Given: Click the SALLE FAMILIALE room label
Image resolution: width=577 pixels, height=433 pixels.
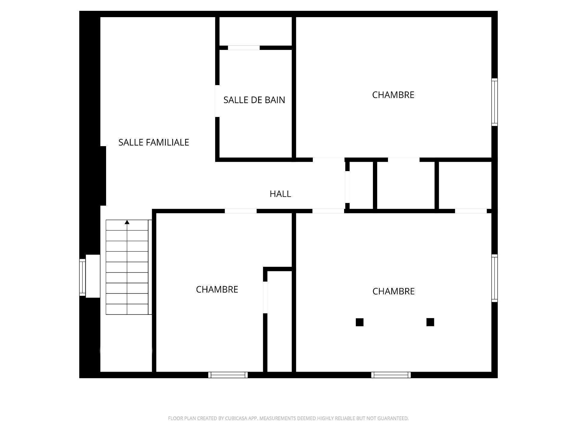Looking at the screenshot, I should pyautogui.click(x=154, y=143).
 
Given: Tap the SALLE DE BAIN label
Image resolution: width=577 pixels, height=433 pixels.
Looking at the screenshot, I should pyautogui.click(x=254, y=100).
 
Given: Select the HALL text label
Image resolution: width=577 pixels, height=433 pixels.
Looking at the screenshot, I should pyautogui.click(x=280, y=194).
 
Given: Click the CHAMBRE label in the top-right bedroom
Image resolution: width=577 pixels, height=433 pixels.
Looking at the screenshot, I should pyautogui.click(x=393, y=95).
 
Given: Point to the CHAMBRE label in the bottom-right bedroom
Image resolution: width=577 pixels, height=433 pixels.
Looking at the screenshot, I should pyautogui.click(x=393, y=291).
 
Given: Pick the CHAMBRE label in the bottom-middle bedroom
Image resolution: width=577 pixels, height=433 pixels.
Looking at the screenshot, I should pyautogui.click(x=217, y=290).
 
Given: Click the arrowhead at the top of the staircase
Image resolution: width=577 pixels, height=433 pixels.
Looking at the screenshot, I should pyautogui.click(x=127, y=222).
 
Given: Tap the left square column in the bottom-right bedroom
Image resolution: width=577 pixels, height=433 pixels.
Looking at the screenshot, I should pyautogui.click(x=359, y=322).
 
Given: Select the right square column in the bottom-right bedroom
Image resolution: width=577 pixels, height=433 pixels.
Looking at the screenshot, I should pyautogui.click(x=430, y=322).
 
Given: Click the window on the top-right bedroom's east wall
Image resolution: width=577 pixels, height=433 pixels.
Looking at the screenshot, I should pyautogui.click(x=494, y=102).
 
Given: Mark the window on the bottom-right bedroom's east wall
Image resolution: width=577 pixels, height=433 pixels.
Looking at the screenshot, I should pyautogui.click(x=494, y=278).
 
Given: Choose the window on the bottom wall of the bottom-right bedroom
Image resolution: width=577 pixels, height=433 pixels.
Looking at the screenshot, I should pyautogui.click(x=391, y=375).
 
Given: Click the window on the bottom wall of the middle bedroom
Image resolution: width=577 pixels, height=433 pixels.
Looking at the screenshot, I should pyautogui.click(x=228, y=375).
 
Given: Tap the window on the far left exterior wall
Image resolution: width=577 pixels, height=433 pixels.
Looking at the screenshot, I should pyautogui.click(x=82, y=277).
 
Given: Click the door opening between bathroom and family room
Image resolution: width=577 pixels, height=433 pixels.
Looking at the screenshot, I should pyautogui.click(x=217, y=101).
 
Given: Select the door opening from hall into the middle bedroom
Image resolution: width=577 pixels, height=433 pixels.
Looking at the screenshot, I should pyautogui.click(x=241, y=211).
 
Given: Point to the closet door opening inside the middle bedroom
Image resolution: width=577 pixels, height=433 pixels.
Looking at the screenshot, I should pyautogui.click(x=265, y=297).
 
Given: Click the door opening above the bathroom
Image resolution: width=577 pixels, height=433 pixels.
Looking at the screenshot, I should pyautogui.click(x=244, y=48).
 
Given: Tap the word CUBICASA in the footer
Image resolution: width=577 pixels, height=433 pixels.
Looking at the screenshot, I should pyautogui.click(x=236, y=418).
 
